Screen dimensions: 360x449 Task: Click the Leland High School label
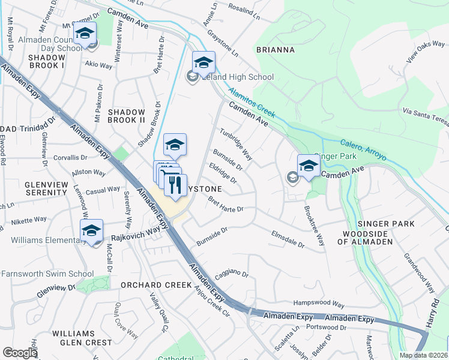point(237,77)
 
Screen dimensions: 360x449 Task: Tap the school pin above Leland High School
point(203,62)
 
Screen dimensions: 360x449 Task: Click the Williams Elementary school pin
point(91,230)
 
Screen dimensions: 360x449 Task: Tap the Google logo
point(20,353)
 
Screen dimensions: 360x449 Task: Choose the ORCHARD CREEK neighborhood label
point(156,285)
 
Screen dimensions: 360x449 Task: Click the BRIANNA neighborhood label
point(275,50)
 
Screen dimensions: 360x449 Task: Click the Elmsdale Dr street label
point(288,239)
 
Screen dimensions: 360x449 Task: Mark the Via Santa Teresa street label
point(426,116)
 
